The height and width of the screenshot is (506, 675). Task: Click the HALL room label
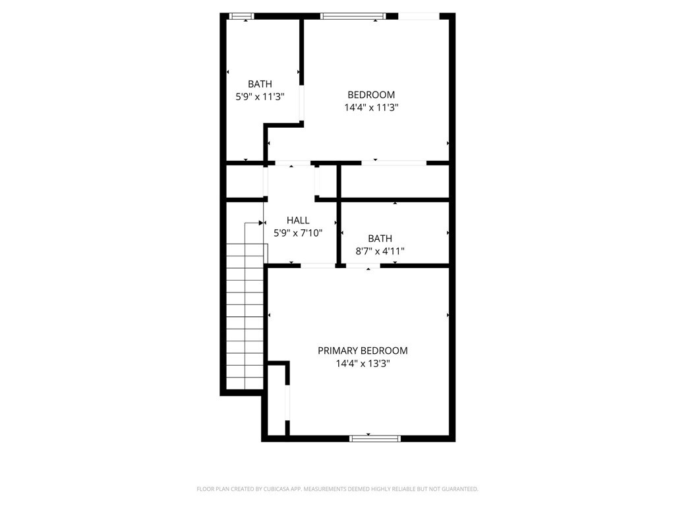[x=298, y=220]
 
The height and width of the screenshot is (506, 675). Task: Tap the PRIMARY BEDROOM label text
[x=363, y=351]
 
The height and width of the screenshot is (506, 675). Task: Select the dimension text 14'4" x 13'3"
[x=363, y=364]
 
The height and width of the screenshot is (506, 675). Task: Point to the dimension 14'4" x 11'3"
[x=371, y=107]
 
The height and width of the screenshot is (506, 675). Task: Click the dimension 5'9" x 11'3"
[x=260, y=96]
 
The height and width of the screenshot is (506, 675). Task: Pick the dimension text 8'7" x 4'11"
[x=380, y=251]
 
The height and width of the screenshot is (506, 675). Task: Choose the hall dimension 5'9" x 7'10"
[x=298, y=233]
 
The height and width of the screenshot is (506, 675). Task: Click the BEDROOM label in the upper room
[x=371, y=95]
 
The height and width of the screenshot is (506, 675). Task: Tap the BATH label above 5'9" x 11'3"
[x=260, y=84]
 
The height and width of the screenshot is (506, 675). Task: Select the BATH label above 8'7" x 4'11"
[x=380, y=239]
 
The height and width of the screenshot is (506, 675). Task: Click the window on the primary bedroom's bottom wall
[x=375, y=438]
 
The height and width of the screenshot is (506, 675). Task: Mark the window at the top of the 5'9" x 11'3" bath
[x=241, y=16]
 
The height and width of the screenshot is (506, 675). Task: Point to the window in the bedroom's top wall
[x=353, y=16]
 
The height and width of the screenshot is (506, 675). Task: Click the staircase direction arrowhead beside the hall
[x=261, y=223]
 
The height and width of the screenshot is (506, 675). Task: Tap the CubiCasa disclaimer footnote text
[x=337, y=489]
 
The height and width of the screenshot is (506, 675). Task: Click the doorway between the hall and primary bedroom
[x=318, y=266]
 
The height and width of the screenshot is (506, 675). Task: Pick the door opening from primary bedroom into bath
[x=363, y=266]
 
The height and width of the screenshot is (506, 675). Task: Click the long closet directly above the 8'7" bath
[x=395, y=182]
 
